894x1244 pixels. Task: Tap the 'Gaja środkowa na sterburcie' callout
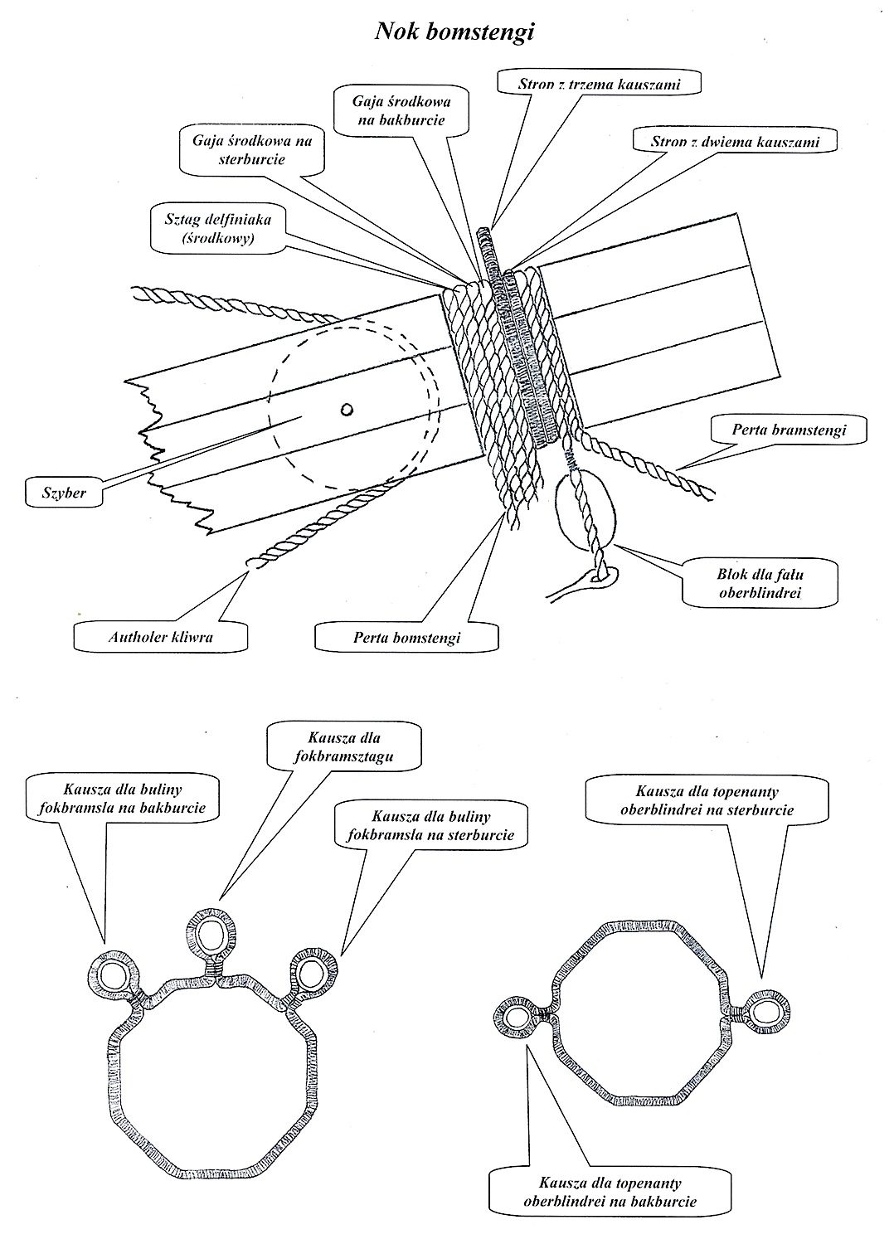tap(252, 149)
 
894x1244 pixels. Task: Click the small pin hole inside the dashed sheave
tap(347, 408)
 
